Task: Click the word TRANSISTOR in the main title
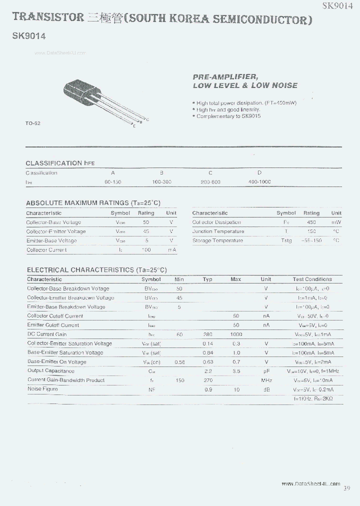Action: (48, 17)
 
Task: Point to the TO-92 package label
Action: (33, 123)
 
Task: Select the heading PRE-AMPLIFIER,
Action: (225, 76)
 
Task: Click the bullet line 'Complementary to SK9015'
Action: (228, 116)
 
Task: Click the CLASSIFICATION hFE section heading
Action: (60, 163)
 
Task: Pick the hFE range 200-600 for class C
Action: (210, 182)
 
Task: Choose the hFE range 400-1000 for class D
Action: (259, 182)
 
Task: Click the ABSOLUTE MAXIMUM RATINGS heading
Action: (93, 203)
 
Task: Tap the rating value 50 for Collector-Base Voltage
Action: (146, 222)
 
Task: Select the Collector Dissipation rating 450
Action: (311, 222)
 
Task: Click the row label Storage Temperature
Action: (217, 240)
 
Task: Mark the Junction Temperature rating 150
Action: (311, 231)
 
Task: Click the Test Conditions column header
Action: (312, 279)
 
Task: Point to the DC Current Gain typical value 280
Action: (207, 334)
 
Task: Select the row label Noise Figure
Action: (42, 389)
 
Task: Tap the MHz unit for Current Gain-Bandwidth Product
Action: (266, 380)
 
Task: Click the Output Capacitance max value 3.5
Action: (235, 371)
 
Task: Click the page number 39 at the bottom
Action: (347, 488)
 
